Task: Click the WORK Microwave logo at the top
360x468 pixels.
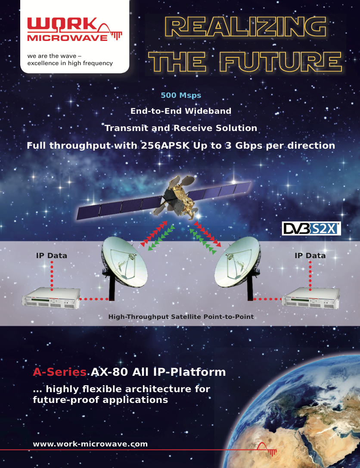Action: click(74, 29)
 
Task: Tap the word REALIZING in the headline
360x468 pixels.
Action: click(246, 27)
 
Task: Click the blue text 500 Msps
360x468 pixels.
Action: click(181, 95)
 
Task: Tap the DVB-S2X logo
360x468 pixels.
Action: click(311, 229)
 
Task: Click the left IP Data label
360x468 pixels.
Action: click(52, 256)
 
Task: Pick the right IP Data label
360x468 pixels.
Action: click(310, 256)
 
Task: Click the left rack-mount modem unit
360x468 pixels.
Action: click(51, 298)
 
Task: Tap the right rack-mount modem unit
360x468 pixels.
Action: click(311, 298)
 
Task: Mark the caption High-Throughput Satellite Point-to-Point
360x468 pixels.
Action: click(181, 317)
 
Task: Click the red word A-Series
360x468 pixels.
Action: click(60, 372)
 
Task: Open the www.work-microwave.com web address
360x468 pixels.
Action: click(90, 444)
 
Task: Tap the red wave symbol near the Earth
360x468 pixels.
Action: click(267, 449)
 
